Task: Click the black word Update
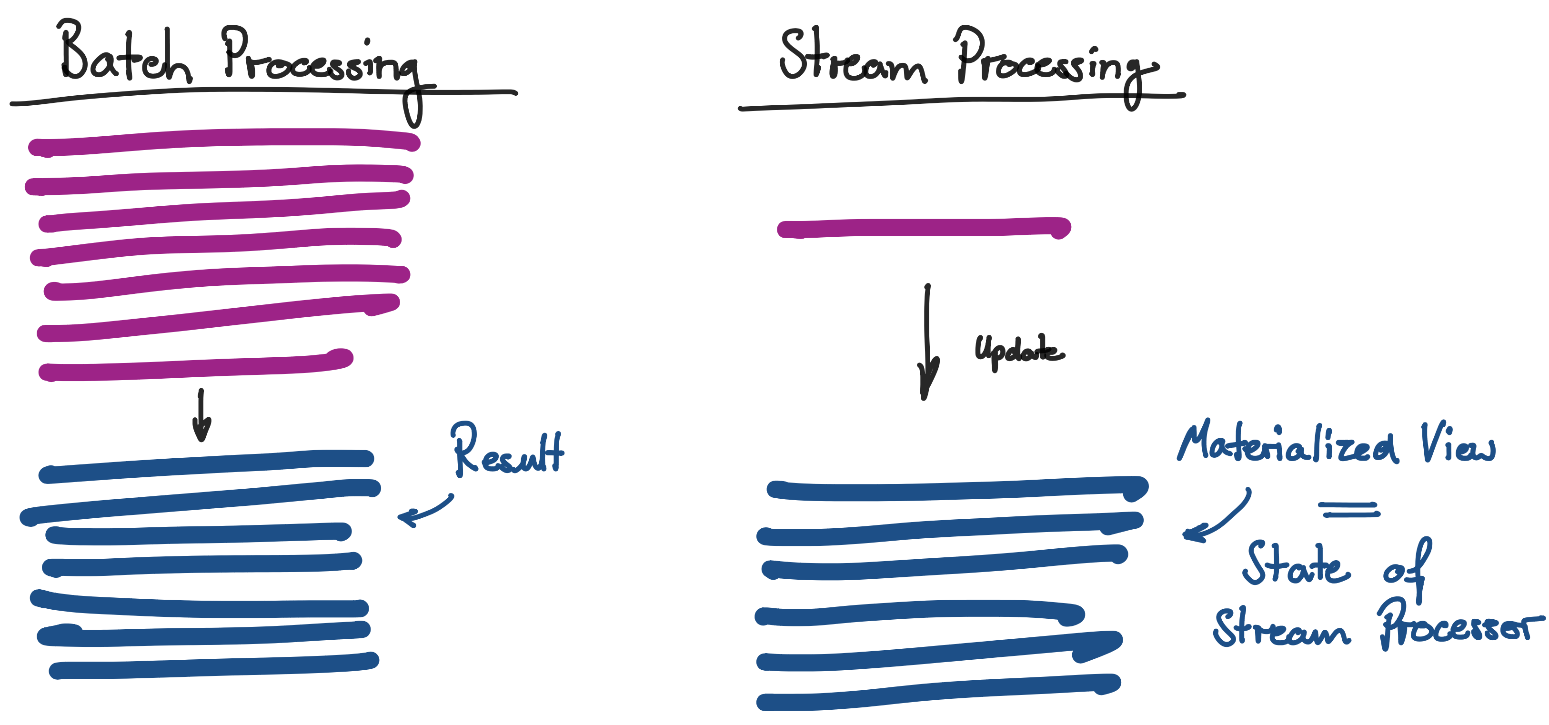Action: coord(1017,350)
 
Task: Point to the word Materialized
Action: coord(1287,445)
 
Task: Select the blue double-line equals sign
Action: coord(1349,510)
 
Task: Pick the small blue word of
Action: coord(1407,568)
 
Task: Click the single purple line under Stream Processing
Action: coord(923,229)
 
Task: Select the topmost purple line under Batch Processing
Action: coord(224,140)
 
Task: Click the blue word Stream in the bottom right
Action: coord(1281,628)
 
